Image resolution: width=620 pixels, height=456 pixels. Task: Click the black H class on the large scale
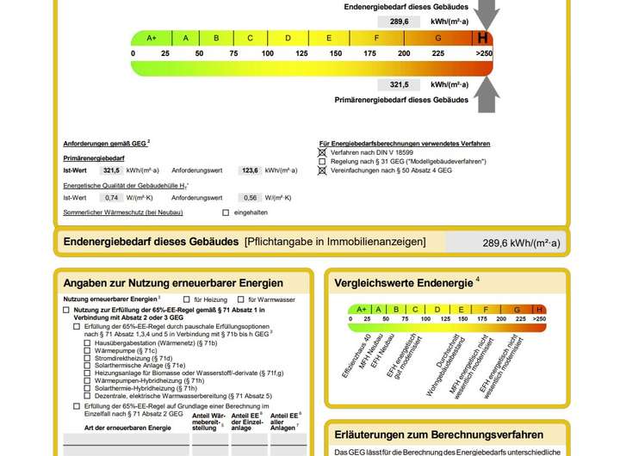click(482, 38)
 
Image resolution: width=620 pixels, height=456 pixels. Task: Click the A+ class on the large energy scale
click(152, 38)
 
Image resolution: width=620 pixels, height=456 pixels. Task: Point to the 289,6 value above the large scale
click(399, 22)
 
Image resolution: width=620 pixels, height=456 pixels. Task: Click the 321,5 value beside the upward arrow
click(399, 85)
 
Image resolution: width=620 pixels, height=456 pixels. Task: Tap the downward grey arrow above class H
click(487, 13)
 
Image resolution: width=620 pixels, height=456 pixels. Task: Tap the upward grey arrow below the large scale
click(487, 95)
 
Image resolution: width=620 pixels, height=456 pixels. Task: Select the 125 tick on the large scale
click(301, 53)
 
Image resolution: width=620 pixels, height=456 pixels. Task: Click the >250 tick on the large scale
click(484, 53)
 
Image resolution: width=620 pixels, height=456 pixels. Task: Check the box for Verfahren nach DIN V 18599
click(322, 152)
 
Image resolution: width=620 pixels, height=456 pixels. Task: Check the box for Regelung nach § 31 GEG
click(322, 162)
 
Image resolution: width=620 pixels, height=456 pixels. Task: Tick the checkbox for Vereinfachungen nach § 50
click(322, 170)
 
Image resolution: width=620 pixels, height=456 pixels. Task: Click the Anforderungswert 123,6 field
click(250, 170)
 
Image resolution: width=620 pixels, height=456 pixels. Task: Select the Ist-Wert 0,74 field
click(111, 197)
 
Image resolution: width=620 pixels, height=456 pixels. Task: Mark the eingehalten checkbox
click(226, 212)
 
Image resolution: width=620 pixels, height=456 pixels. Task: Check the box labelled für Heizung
click(187, 299)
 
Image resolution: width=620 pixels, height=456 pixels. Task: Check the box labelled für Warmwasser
click(238, 299)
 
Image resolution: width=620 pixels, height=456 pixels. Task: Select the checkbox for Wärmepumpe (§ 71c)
click(87, 351)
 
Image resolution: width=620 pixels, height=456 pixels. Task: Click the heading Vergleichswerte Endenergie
click(404, 283)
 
